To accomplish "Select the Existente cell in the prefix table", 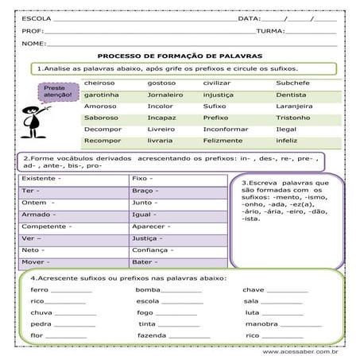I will coord(40,180).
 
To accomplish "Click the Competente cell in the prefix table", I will coord(45,226).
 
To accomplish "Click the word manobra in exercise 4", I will coord(261,324).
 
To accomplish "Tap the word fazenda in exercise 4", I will coord(151,336).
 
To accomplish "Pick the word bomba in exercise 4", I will coord(149,290).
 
